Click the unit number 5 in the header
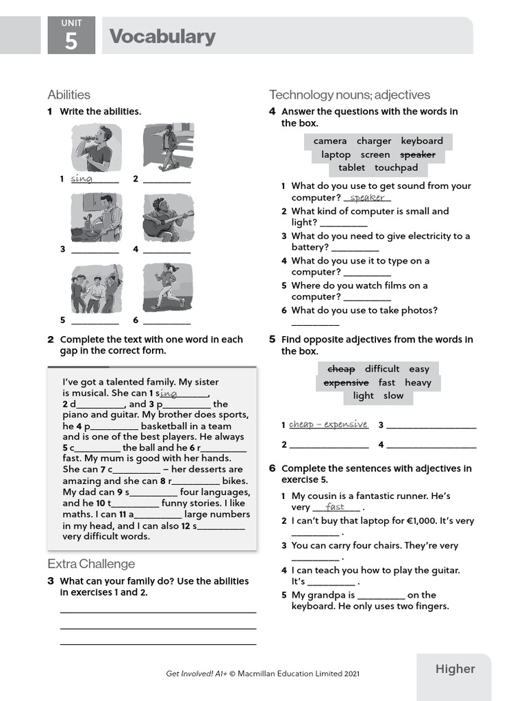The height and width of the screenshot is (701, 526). tap(71, 41)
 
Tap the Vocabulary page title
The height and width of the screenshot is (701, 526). tap(162, 36)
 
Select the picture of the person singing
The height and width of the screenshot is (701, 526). tap(96, 147)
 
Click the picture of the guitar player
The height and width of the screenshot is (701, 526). tap(168, 217)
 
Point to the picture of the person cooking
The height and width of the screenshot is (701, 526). tap(96, 217)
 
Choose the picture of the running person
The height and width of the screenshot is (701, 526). tap(168, 288)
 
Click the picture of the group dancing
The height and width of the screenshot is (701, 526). tap(96, 288)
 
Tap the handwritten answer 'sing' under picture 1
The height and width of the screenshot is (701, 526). tap(82, 179)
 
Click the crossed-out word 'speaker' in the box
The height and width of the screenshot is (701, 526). tap(417, 155)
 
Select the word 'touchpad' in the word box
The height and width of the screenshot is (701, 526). tap(396, 168)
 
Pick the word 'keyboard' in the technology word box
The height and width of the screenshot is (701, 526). tap(422, 141)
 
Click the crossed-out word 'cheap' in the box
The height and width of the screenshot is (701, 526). tap(341, 369)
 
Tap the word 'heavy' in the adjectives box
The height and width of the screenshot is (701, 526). tap(418, 383)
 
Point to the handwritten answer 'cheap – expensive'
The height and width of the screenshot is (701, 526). tap(328, 424)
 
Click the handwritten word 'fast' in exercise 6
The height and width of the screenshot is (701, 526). tap(335, 507)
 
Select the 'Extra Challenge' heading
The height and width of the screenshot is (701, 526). tap(91, 564)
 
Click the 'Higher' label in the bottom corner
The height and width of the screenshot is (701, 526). tap(455, 669)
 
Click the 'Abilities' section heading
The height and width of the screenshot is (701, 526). tap(68, 94)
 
